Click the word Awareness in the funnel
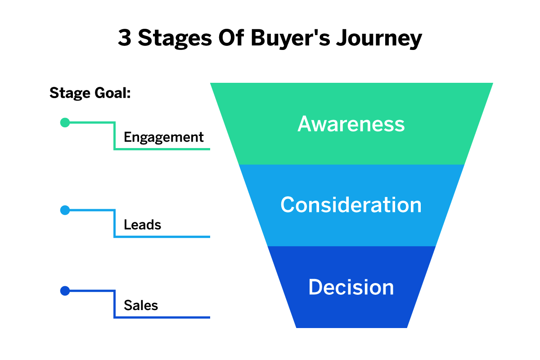coord(351,124)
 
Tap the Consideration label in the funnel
coord(351,205)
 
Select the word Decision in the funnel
coord(351,287)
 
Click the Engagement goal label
coord(164,137)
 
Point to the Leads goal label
coord(142,225)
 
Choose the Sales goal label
coord(141,306)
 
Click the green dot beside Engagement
coord(65,122)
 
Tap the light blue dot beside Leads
coord(65,210)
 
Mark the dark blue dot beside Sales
coord(65,291)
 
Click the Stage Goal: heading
coord(90,93)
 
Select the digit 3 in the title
coord(124,39)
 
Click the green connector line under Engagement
coord(162,149)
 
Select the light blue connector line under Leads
coord(162,237)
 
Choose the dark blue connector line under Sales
coord(162,318)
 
